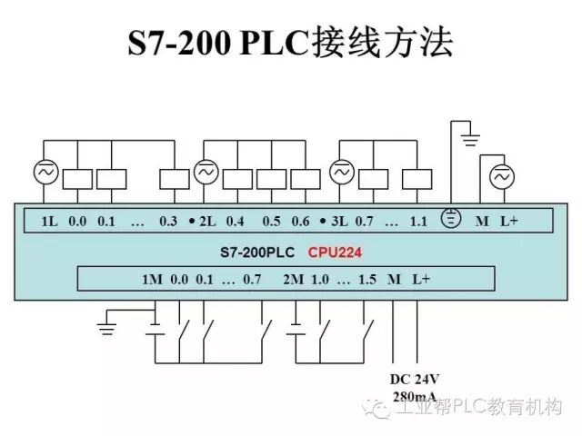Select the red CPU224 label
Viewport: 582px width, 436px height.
pyautogui.click(x=337, y=252)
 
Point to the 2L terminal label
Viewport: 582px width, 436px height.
pyautogui.click(x=207, y=221)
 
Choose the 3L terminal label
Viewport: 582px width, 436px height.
pyautogui.click(x=340, y=221)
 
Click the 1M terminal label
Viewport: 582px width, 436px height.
pyautogui.click(x=151, y=279)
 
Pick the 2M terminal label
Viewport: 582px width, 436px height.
pyautogui.click(x=293, y=279)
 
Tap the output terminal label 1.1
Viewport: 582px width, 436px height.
pyautogui.click(x=418, y=221)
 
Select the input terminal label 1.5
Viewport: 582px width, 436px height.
pyautogui.click(x=366, y=279)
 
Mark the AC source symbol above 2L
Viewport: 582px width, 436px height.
pyautogui.click(x=206, y=172)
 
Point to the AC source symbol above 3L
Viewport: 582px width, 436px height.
pyautogui.click(x=341, y=172)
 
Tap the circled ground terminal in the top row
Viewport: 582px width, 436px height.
pyautogui.click(x=450, y=219)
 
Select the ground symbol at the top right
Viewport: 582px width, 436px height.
pyautogui.click(x=470, y=140)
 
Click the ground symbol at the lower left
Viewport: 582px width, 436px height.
pyautogui.click(x=109, y=325)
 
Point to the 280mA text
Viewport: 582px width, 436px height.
pyautogui.click(x=414, y=396)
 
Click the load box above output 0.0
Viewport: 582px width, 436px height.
pyautogui.click(x=77, y=179)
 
